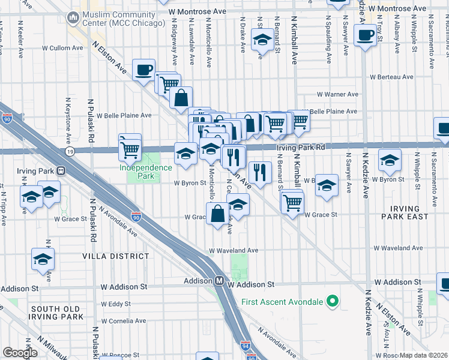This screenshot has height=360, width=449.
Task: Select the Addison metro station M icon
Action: tap(220, 281)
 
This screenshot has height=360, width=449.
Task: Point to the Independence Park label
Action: tap(145, 167)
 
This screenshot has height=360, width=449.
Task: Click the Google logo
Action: tap(20, 353)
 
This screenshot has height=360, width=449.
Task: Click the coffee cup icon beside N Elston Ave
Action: tap(143, 70)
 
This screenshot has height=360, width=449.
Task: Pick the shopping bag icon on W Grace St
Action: tap(216, 213)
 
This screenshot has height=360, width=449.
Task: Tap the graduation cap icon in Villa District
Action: tap(43, 259)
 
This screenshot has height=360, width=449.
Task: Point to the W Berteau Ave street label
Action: tap(391, 77)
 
